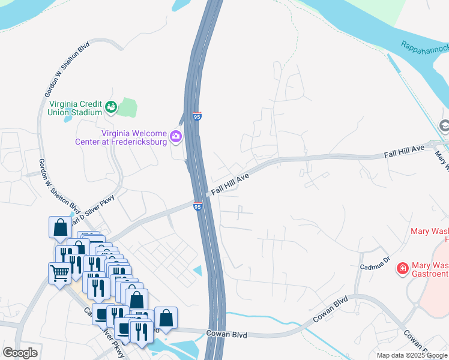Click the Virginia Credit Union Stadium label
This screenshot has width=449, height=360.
tap(75, 107)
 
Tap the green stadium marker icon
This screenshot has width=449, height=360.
tap(110, 107)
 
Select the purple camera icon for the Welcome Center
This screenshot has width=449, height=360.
tap(176, 137)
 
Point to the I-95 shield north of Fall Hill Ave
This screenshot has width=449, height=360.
tap(197, 116)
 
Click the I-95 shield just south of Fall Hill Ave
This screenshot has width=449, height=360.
tap(197, 206)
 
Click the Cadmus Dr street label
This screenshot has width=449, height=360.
tap(375, 262)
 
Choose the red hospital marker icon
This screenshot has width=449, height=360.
tap(403, 268)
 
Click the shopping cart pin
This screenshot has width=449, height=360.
tap(59, 273)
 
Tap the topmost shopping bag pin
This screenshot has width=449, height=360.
tap(60, 227)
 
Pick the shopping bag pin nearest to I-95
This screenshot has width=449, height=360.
tap(166, 317)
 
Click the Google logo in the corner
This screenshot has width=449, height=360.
tap(20, 353)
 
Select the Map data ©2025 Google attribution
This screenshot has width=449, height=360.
tap(411, 355)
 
